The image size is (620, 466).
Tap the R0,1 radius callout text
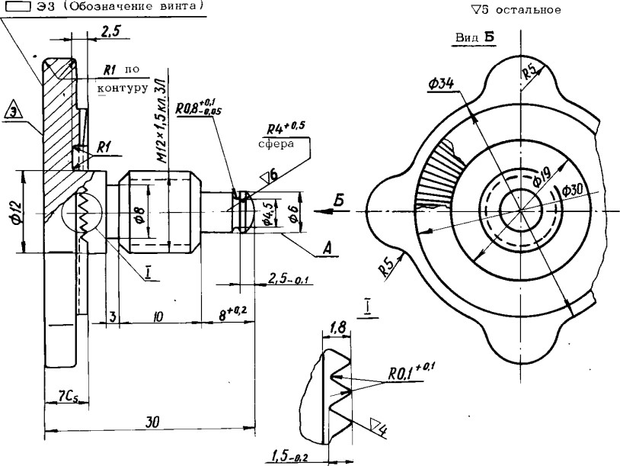[x=411, y=374]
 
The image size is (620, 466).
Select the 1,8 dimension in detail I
[x=337, y=327]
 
